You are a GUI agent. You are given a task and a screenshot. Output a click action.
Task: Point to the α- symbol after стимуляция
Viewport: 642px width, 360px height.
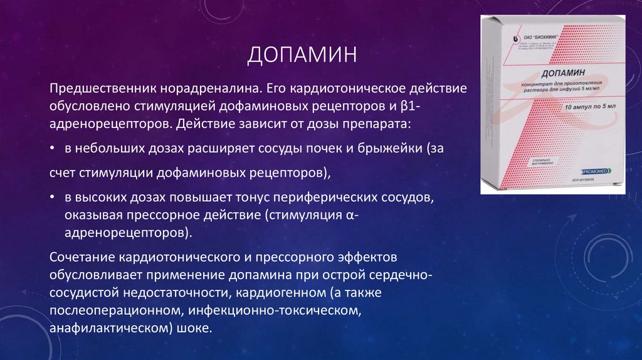click(x=352, y=215)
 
